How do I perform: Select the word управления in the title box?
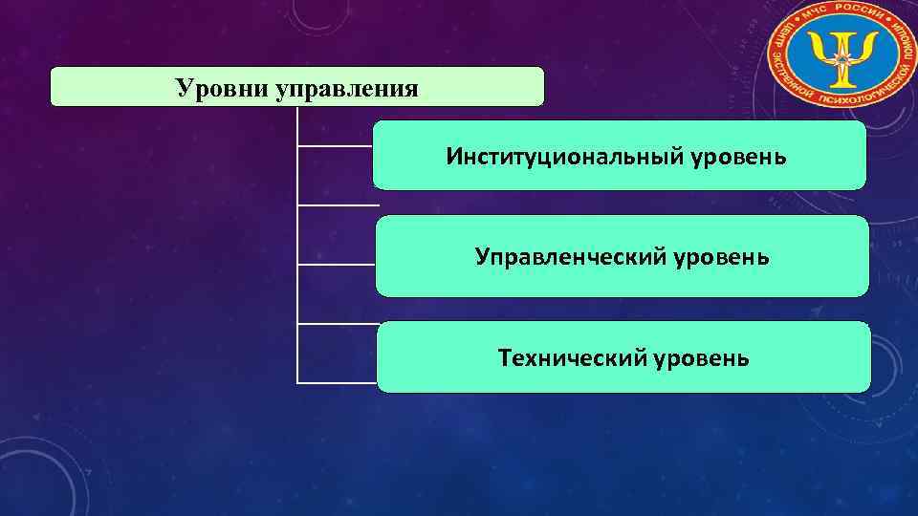click(346, 90)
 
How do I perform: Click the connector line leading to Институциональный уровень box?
click(335, 146)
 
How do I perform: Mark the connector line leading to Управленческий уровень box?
click(335, 263)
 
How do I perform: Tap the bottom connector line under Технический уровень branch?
click(335, 383)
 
